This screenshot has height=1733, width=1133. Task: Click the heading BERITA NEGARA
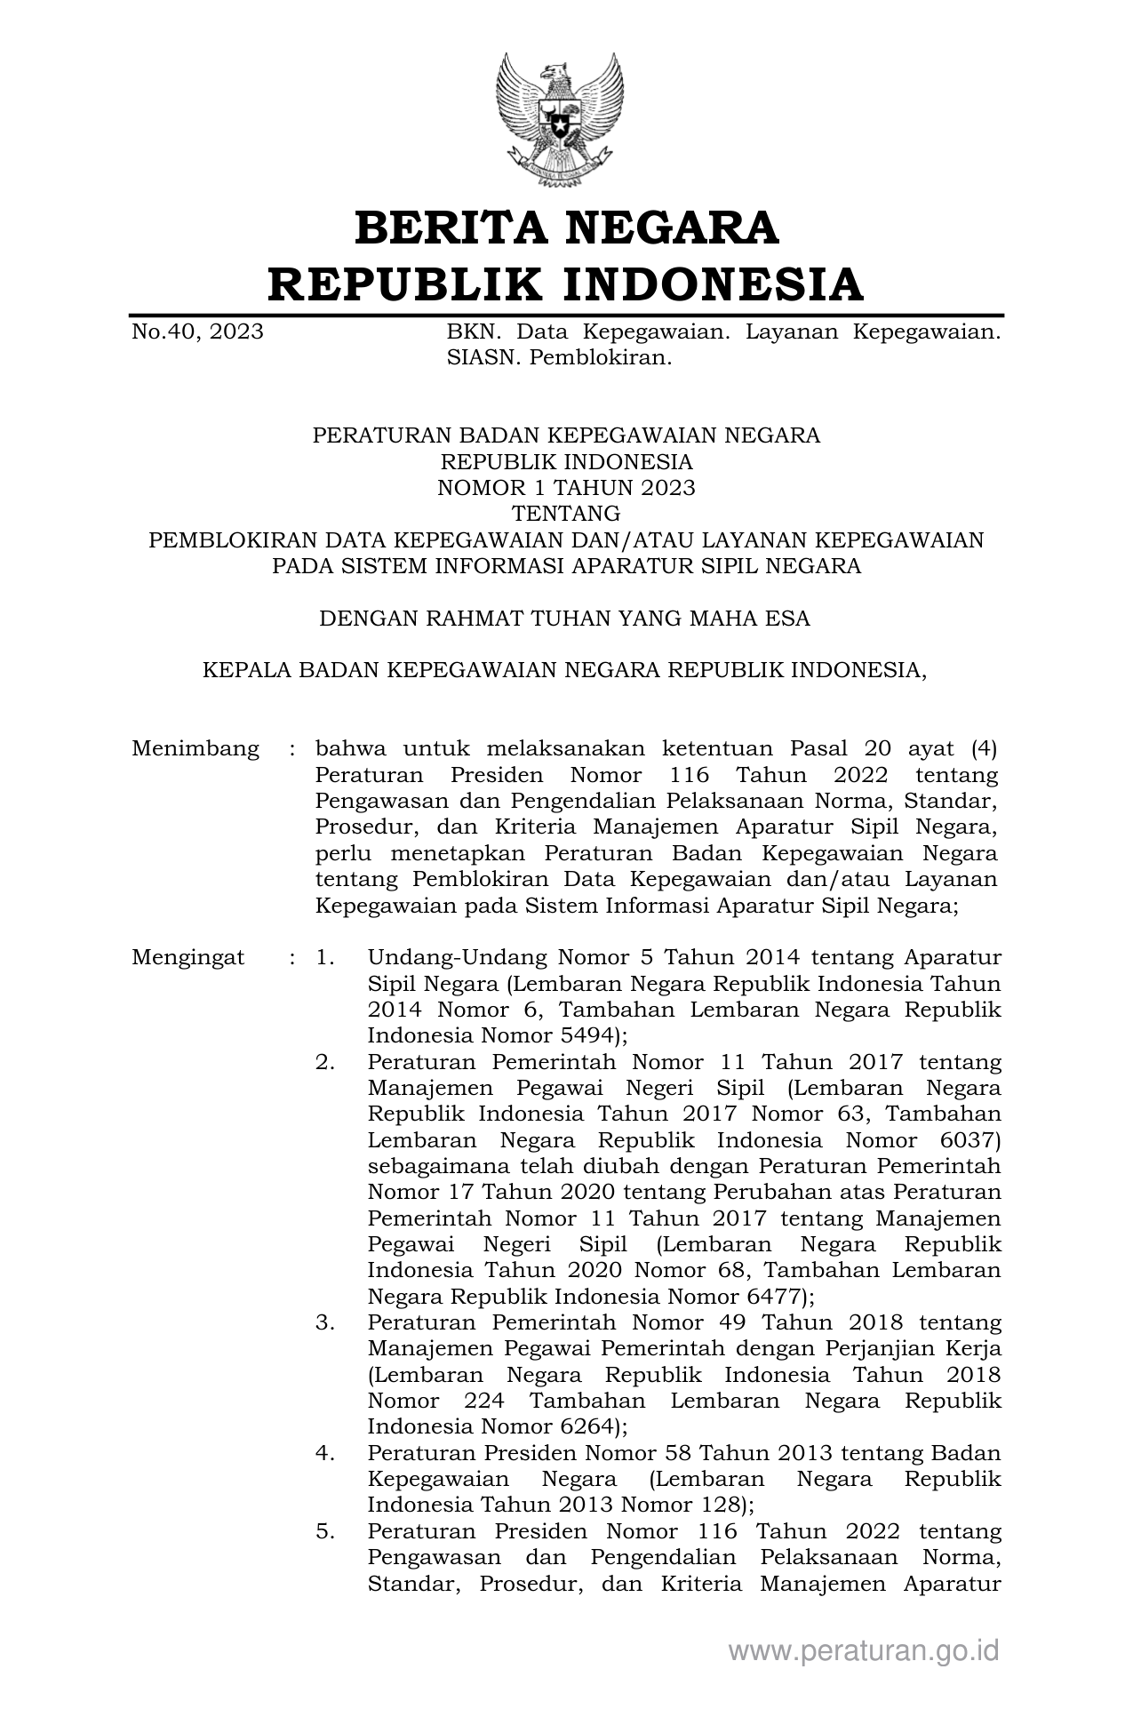tap(566, 228)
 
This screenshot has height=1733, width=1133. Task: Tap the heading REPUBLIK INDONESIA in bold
tap(566, 284)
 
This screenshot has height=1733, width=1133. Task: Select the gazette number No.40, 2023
tap(197, 332)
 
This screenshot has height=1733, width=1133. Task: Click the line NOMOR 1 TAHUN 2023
tap(566, 488)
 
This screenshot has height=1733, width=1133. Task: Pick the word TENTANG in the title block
tap(566, 514)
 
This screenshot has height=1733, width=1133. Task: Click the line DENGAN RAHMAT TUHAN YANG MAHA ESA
tap(565, 619)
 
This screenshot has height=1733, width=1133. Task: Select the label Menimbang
tap(195, 748)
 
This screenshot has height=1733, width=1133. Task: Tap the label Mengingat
tap(188, 958)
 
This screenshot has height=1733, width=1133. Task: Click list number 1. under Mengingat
tap(325, 958)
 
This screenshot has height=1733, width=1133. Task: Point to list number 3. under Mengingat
tap(325, 1322)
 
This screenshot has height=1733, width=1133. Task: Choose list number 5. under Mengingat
tap(325, 1531)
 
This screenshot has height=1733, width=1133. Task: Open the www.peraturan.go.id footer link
tap(864, 1651)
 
